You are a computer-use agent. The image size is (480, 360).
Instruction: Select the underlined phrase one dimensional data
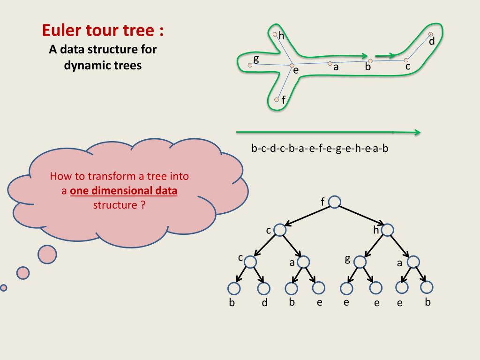click(x=123, y=191)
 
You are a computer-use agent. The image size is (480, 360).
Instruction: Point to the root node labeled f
click(x=334, y=202)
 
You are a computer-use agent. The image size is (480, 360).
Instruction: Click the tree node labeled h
click(x=388, y=230)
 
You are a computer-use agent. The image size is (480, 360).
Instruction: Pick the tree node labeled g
click(x=360, y=262)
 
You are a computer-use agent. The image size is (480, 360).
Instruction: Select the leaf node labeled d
click(x=264, y=288)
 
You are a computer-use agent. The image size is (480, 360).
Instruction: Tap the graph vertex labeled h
click(x=275, y=34)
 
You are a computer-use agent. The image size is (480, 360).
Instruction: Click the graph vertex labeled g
click(x=250, y=65)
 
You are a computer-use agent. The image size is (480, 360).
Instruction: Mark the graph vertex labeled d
click(x=431, y=34)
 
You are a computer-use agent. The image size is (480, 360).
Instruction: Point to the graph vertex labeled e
click(x=292, y=65)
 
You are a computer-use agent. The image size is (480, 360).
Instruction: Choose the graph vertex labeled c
click(x=406, y=60)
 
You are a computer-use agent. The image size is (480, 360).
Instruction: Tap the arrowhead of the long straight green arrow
click(x=417, y=133)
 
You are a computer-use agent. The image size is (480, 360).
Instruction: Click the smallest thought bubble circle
click(x=4, y=287)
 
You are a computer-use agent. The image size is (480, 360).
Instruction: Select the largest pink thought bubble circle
click(x=47, y=254)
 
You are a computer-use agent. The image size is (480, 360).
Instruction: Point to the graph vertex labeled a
click(x=330, y=63)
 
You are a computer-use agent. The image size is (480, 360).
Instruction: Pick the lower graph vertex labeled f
click(x=277, y=99)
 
